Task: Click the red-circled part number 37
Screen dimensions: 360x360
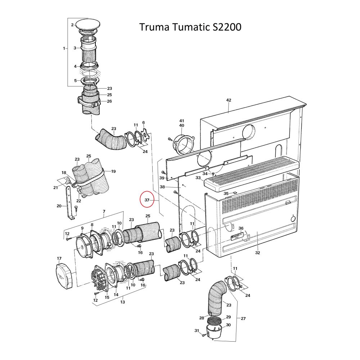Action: (147, 200)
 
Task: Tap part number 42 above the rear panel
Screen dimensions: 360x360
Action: (228, 100)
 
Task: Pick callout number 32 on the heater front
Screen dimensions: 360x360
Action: (257, 253)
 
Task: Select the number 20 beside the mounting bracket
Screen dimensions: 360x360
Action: (59, 206)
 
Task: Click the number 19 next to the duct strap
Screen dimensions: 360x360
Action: (113, 171)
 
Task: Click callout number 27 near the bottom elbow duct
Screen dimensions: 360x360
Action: (243, 319)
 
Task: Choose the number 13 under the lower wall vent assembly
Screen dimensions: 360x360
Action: (122, 302)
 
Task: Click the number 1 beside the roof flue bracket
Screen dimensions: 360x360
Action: (64, 48)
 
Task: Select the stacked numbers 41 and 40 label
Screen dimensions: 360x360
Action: (182, 123)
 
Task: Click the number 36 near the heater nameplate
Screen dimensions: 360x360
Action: (241, 228)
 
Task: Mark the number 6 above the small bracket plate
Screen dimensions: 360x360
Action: (143, 123)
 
